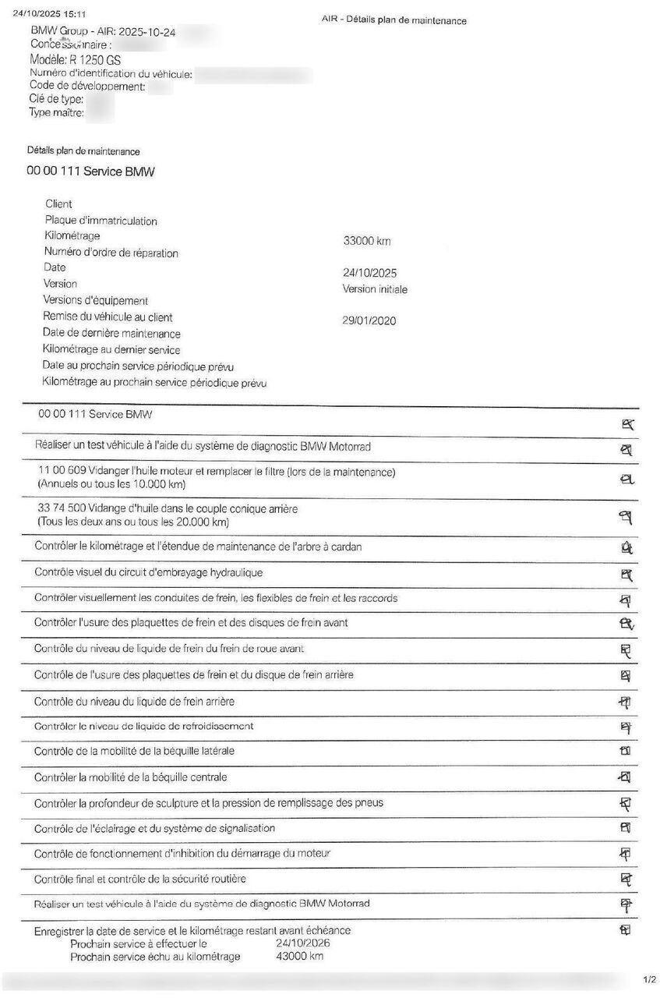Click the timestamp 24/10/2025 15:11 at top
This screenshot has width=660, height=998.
(49, 14)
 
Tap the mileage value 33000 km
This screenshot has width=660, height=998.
(366, 242)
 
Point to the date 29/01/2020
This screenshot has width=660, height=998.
(369, 320)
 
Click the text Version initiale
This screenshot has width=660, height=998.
(375, 289)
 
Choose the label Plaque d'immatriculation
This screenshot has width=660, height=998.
(101, 221)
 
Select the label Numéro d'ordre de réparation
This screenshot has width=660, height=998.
(111, 253)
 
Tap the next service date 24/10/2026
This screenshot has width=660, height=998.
(303, 943)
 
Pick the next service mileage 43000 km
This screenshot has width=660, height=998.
(299, 957)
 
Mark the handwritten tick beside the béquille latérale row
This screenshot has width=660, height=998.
(624, 752)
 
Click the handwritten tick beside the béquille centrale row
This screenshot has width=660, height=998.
(624, 777)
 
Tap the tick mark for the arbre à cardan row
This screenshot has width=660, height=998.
(626, 548)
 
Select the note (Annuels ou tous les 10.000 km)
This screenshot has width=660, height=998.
(111, 485)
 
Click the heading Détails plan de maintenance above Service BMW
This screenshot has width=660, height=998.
(83, 151)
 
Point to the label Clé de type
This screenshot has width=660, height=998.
(56, 99)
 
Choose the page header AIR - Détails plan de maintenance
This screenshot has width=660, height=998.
(394, 20)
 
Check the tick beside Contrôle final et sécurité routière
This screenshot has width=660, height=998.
(625, 879)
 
